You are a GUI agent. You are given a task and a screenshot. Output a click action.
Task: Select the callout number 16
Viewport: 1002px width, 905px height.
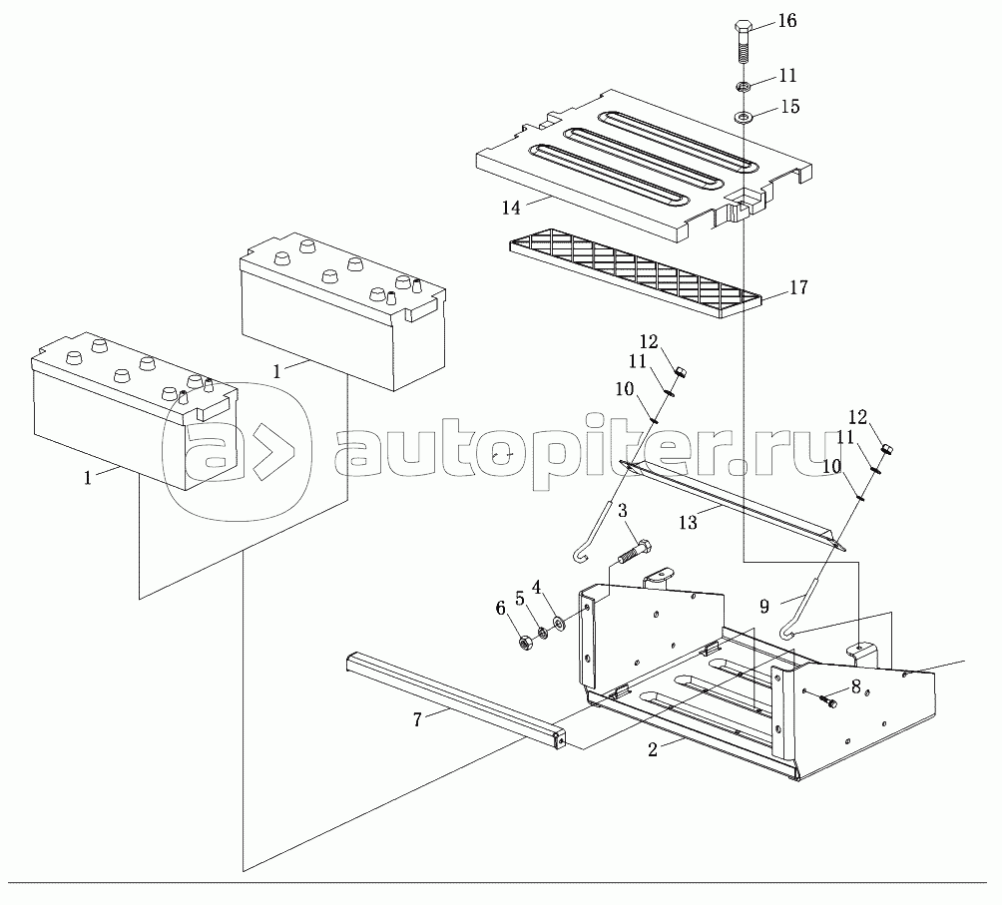[x=787, y=21]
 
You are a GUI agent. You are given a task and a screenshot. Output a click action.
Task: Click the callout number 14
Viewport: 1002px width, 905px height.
[x=512, y=208]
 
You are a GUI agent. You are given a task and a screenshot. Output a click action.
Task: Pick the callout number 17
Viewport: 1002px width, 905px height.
[x=798, y=288]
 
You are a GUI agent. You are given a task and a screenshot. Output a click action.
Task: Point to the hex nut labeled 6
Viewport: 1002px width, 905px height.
[x=525, y=643]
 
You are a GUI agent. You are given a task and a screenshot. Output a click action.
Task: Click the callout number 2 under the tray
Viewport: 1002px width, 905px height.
[x=652, y=750]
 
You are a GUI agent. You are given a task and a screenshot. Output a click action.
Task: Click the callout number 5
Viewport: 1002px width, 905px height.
[x=518, y=598]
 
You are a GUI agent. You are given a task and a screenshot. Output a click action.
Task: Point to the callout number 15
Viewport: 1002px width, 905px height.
[x=788, y=106]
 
